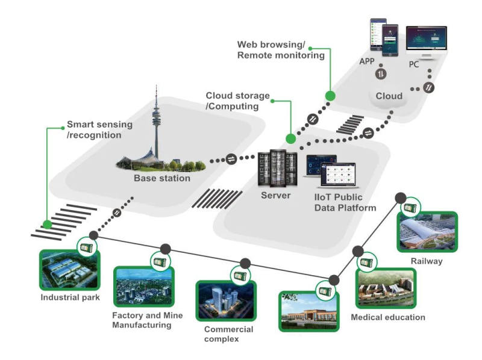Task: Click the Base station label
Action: [x=161, y=178]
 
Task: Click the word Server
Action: [x=276, y=195]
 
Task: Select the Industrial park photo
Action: [x=69, y=269]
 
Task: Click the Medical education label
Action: [x=388, y=317]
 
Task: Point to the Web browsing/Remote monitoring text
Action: [x=280, y=50]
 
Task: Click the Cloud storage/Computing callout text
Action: [x=237, y=101]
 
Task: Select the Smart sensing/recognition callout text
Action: [x=99, y=130]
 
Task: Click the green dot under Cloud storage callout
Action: [x=290, y=139]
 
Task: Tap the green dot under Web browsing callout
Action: [x=330, y=95]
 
